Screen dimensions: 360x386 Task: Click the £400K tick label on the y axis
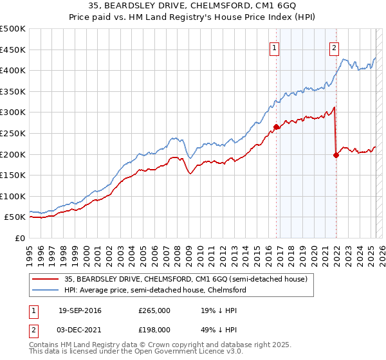[13, 70]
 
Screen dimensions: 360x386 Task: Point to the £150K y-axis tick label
[13, 175]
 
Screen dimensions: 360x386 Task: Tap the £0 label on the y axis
[20, 238]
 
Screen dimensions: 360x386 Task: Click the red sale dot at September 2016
[276, 127]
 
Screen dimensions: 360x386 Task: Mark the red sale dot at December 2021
[336, 155]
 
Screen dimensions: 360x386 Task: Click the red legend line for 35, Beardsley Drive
[46, 279]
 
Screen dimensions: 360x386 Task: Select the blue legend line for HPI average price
[46, 290]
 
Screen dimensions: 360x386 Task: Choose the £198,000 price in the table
[154, 328]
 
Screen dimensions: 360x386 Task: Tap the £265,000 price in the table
[154, 310]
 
